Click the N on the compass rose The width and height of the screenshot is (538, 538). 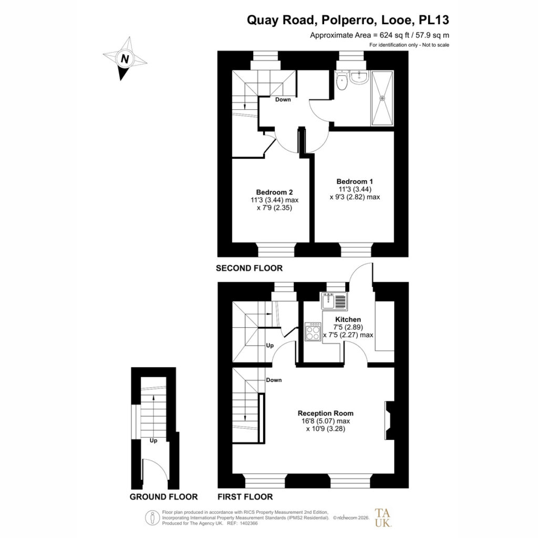(125, 59)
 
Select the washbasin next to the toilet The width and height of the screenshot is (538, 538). (359, 78)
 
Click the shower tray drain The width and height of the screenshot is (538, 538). (382, 98)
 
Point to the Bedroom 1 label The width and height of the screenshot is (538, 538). (355, 181)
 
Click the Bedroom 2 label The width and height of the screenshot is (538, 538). (274, 192)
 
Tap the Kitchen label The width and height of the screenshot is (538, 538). (348, 319)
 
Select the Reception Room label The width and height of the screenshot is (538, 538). (326, 413)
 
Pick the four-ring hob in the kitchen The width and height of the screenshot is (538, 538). (313, 332)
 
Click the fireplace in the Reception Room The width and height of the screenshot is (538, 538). (389, 420)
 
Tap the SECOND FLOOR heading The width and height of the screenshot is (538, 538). (249, 268)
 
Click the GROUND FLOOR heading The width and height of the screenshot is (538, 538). (164, 497)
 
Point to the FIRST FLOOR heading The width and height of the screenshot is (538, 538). (245, 497)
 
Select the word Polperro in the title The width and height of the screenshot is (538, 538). (347, 20)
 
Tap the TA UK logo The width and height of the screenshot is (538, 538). (382, 518)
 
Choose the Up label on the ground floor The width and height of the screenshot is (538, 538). (153, 441)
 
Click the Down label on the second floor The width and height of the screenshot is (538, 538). (283, 99)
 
